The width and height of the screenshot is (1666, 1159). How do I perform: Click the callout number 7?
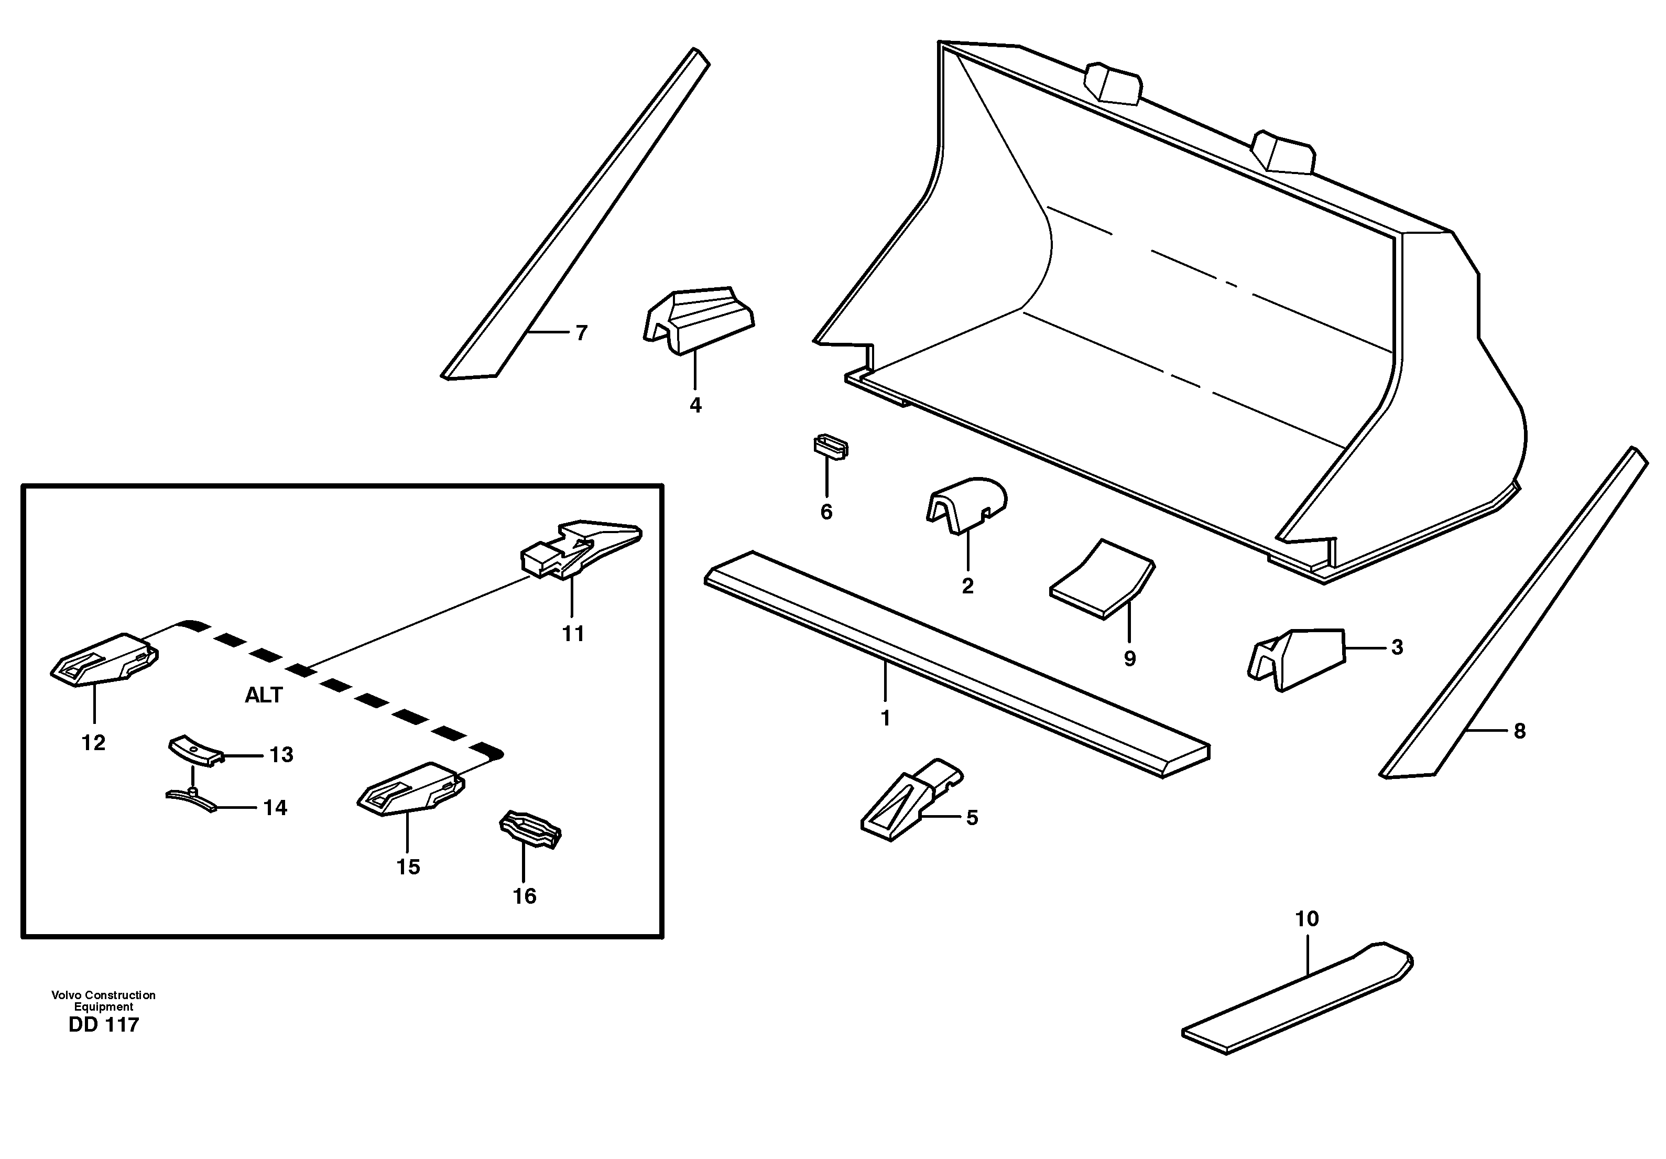[x=581, y=333]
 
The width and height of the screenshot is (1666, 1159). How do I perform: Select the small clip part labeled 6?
[x=830, y=446]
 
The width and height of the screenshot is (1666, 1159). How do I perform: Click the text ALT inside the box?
[x=264, y=695]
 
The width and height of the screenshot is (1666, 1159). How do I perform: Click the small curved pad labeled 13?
[x=194, y=750]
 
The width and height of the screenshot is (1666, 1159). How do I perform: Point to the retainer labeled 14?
[x=191, y=798]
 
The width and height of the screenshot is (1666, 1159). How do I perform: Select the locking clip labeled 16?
[x=530, y=829]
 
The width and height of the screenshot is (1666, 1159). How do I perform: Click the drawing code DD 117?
[x=103, y=1025]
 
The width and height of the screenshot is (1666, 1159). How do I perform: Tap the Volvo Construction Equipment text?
[x=103, y=1001]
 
